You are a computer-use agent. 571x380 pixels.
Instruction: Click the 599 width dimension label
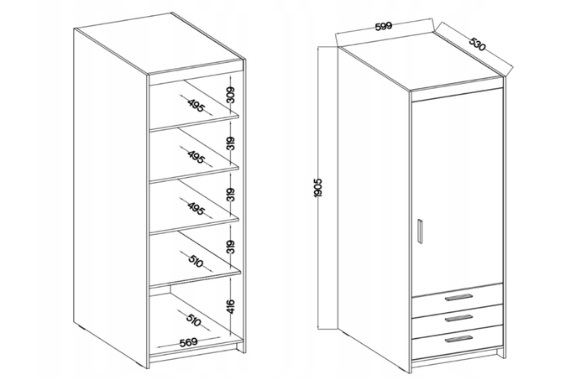383,27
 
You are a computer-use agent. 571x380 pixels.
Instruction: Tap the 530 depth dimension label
477,44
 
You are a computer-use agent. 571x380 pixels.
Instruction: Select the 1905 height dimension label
318,188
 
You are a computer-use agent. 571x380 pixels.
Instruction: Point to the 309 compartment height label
231,95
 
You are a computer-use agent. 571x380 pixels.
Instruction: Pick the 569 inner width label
189,342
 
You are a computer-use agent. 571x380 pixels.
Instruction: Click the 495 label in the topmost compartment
196,105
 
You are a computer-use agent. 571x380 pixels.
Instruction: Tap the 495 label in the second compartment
196,157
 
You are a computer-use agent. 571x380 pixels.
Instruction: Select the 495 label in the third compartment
196,208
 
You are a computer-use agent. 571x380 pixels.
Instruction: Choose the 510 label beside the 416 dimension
194,320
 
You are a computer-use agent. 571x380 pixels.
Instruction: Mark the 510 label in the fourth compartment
196,261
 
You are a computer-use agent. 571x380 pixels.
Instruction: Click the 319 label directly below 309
231,143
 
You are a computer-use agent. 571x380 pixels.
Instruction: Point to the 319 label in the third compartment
231,195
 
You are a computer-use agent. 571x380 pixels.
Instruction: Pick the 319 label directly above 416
231,247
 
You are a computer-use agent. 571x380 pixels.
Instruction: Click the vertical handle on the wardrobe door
420,232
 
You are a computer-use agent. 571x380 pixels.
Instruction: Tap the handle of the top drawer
458,298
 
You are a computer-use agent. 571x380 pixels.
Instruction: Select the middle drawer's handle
458,318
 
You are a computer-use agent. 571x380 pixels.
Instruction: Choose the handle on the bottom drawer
458,339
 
